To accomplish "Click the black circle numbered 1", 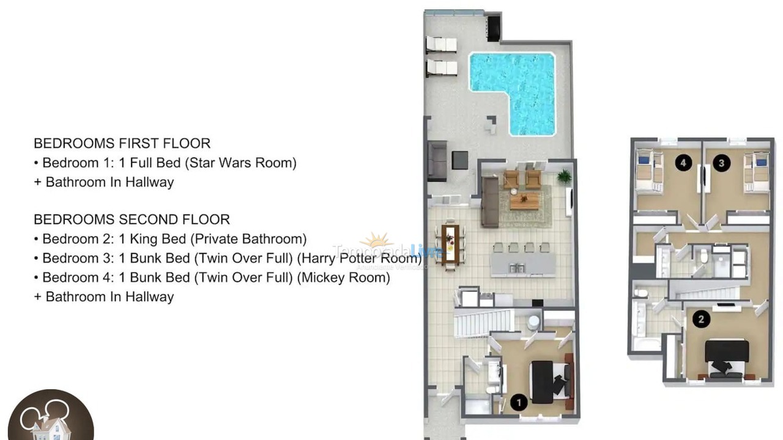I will coord(519,402).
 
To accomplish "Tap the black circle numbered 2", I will coord(701,318).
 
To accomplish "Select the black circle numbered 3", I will coord(722,163).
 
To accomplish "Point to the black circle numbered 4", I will coord(683,163).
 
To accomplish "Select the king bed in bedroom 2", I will coord(727,358).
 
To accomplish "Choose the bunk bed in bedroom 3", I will coord(756,172).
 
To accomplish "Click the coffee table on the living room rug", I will coord(524,201).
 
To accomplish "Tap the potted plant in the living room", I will coord(564,177).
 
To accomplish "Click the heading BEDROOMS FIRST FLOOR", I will coord(122,144).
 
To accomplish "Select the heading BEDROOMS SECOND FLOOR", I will coord(132,219).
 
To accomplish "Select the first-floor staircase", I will coord(483,323).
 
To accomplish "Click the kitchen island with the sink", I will coord(522,265).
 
